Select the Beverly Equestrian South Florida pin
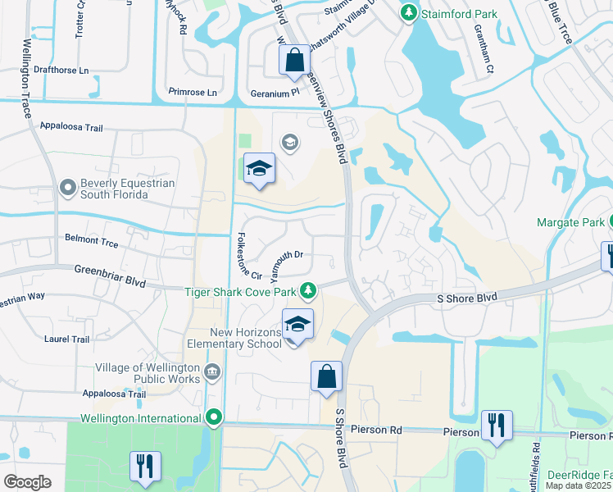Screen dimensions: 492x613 point(69,189)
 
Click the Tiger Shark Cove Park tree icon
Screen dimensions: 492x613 point(307,289)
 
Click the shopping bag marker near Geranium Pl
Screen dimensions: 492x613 point(294,61)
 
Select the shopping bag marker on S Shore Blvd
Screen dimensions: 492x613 point(326,377)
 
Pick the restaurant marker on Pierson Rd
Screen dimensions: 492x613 point(497,426)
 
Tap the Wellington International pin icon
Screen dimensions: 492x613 point(215,418)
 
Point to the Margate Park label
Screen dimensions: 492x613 point(570,222)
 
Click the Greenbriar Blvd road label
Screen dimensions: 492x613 point(110,275)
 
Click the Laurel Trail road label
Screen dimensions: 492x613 point(68,339)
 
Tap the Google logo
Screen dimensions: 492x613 point(28,482)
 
